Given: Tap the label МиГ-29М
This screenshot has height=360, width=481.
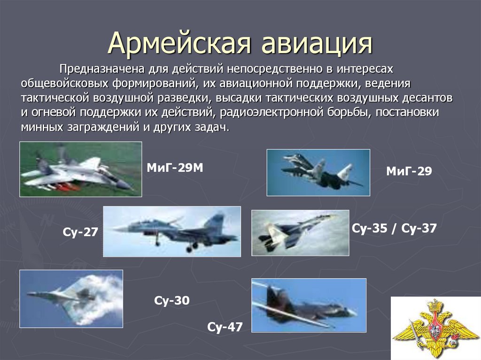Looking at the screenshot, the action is click(175, 168).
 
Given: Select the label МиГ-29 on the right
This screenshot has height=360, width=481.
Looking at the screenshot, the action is click(409, 171).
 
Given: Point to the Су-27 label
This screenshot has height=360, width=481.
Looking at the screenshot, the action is click(80, 232).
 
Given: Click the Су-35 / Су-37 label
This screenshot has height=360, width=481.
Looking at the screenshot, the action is click(394, 228).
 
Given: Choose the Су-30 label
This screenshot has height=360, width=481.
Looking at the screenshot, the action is click(172, 300).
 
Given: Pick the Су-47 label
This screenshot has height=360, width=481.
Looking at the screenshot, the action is click(225, 327).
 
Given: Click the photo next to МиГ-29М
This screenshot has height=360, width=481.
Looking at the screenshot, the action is click(81, 169).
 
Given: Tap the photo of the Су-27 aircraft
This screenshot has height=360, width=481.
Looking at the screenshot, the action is click(172, 231).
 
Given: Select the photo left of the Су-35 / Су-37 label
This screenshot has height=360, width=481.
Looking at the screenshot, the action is click(300, 233).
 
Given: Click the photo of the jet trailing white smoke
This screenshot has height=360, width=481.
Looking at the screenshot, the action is click(71, 299).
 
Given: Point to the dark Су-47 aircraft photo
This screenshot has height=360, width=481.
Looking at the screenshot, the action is click(309, 306).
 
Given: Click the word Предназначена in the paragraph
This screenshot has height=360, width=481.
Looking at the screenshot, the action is click(102, 69).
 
